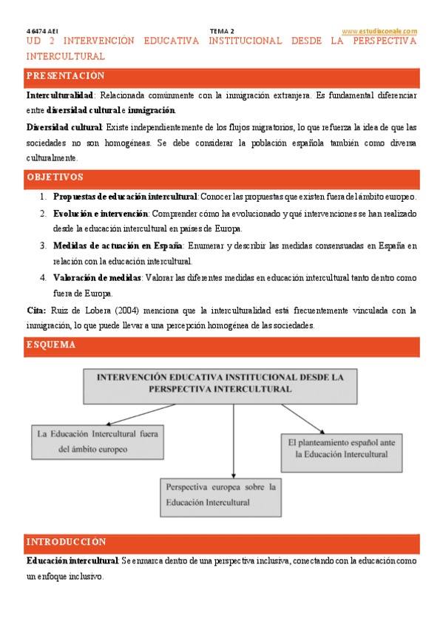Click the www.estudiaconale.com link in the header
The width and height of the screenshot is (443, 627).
pyautogui.click(x=380, y=30)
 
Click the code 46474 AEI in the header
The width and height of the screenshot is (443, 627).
pyautogui.click(x=42, y=30)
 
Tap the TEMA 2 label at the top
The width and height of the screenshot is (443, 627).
pyautogui.click(x=222, y=30)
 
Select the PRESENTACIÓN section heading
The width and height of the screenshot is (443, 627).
pyautogui.click(x=66, y=76)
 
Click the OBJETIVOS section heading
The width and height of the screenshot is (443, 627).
pyautogui.click(x=55, y=177)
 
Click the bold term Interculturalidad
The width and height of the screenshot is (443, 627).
pyautogui.click(x=60, y=96)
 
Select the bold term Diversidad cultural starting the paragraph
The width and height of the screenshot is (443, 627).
pyautogui.click(x=64, y=127)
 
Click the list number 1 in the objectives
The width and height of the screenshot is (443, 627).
pyautogui.click(x=44, y=197)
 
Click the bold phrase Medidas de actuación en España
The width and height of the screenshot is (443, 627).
pyautogui.click(x=118, y=245)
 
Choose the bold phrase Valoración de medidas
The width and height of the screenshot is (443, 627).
pyautogui.click(x=96, y=277)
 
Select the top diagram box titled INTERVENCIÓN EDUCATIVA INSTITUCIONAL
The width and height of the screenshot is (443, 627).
pyautogui.click(x=220, y=382)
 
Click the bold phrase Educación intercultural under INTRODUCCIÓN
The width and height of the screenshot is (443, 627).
pyautogui.click(x=72, y=561)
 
